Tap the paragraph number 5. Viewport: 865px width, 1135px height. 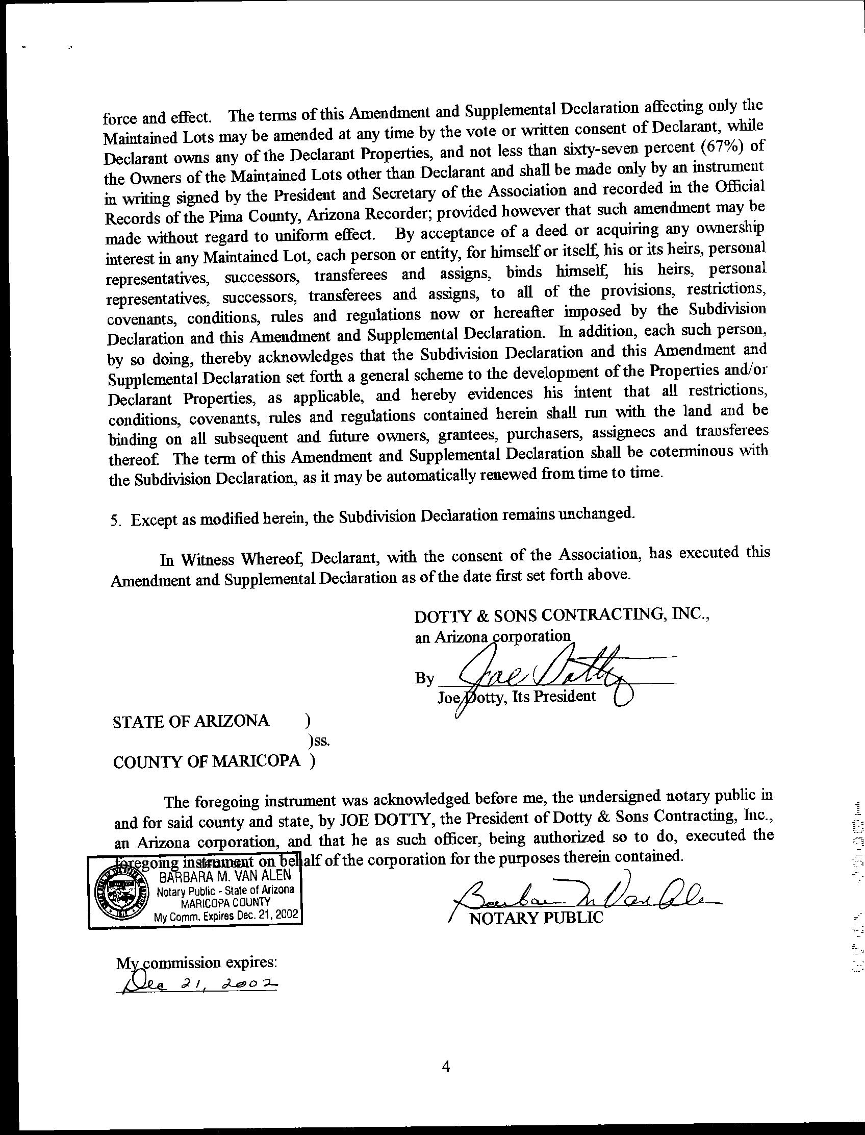tap(115, 521)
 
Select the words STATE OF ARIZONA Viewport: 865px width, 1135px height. tap(191, 721)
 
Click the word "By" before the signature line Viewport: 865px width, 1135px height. tap(425, 679)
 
